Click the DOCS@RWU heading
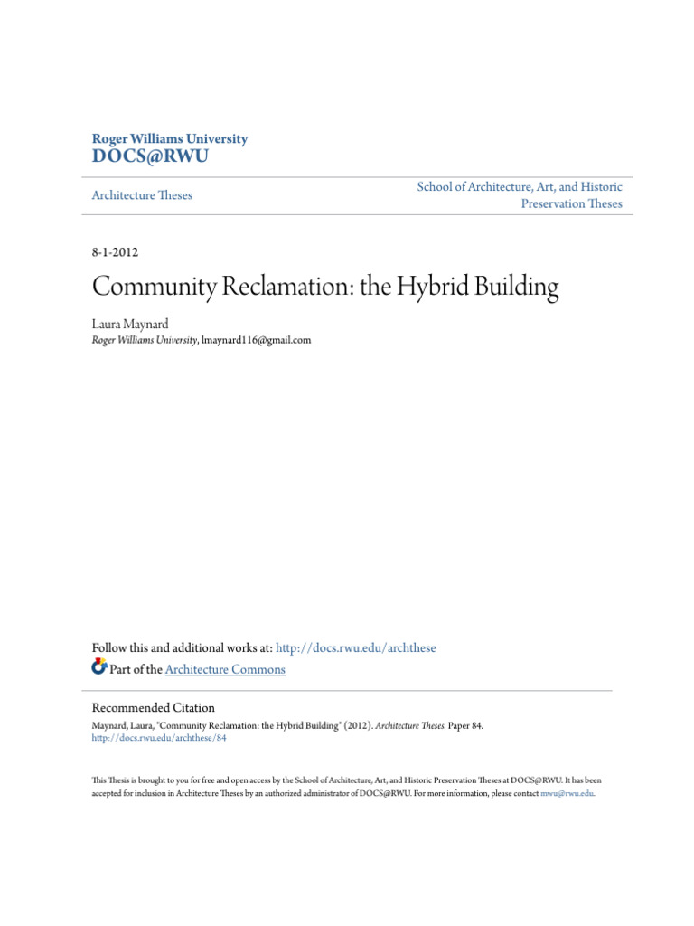[x=150, y=157]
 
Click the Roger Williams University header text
[x=170, y=139]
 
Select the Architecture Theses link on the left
[x=142, y=195]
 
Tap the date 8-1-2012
[x=115, y=252]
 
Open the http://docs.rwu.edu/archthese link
[x=355, y=648]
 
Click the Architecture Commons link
[x=225, y=670]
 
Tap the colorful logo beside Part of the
[x=99, y=668]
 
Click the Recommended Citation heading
[x=154, y=708]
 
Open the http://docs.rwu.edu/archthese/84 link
[x=159, y=738]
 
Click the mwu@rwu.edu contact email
[x=567, y=793]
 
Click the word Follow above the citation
[x=110, y=648]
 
